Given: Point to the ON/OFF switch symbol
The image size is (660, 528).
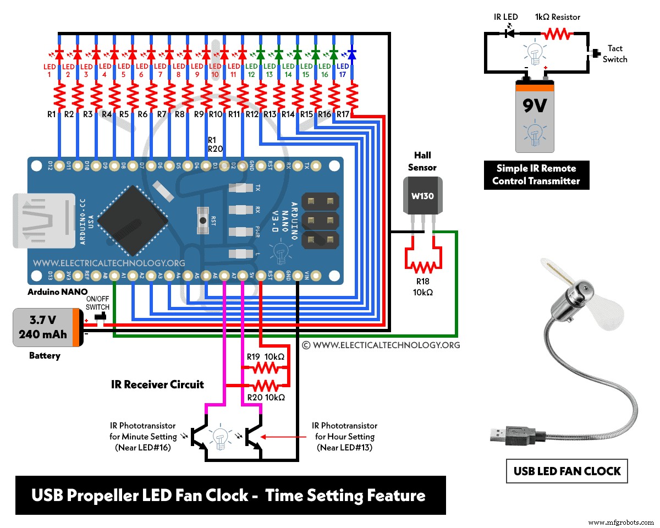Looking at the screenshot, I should pos(100,318).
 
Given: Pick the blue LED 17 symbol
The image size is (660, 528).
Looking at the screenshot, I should pos(352,54).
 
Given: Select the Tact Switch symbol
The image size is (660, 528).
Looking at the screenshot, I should pos(594,54).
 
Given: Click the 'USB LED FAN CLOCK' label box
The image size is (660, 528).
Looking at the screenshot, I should pos(567,471).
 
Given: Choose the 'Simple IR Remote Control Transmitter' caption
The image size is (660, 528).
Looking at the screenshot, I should pos(536,174).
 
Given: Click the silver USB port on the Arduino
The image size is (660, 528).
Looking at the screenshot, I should pos(44,219).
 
